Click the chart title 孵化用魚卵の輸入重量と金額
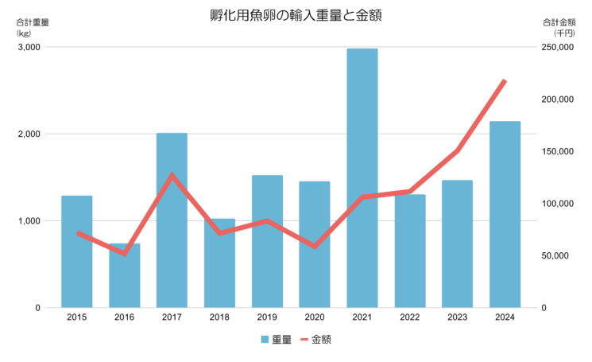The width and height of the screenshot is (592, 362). tap(296, 15)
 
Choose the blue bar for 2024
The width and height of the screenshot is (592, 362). tap(505, 215)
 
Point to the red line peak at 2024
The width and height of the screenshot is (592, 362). tap(505, 81)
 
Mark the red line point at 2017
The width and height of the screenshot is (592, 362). tap(172, 175)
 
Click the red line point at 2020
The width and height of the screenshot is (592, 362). tap(315, 247)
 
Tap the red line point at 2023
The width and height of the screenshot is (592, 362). tap(458, 150)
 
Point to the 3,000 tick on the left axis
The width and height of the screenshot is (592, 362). tap(29, 47)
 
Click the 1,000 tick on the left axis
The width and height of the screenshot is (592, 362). tap(29, 221)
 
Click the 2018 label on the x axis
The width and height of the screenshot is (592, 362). tap(219, 317)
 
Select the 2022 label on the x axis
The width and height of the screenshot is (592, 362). tap(410, 317)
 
